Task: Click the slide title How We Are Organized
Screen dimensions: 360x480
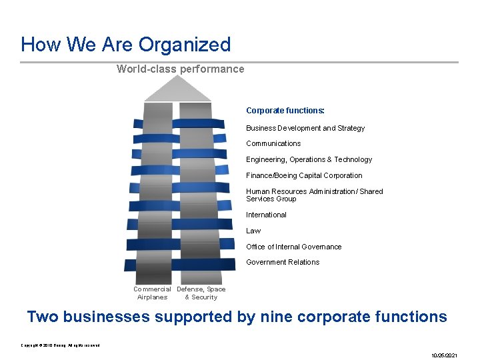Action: click(125, 45)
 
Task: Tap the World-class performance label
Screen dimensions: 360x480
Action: click(180, 69)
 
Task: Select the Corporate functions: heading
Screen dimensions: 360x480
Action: click(285, 111)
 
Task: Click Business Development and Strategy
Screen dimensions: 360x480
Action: click(305, 128)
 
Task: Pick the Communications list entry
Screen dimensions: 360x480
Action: click(273, 143)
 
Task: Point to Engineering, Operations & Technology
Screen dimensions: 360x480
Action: click(309, 159)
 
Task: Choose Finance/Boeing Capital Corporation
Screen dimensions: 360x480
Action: click(304, 175)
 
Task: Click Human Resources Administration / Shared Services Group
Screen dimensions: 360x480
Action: click(314, 195)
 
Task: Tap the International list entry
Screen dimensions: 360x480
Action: click(266, 215)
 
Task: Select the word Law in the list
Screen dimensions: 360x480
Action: click(253, 231)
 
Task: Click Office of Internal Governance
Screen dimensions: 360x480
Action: click(293, 247)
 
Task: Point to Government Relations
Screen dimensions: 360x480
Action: click(283, 262)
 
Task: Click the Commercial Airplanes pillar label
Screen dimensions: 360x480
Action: click(152, 293)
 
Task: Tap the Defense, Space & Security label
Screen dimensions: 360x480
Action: click(201, 293)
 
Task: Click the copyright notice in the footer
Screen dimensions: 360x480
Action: click(60, 345)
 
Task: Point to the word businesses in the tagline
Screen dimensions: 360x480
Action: click(108, 317)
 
